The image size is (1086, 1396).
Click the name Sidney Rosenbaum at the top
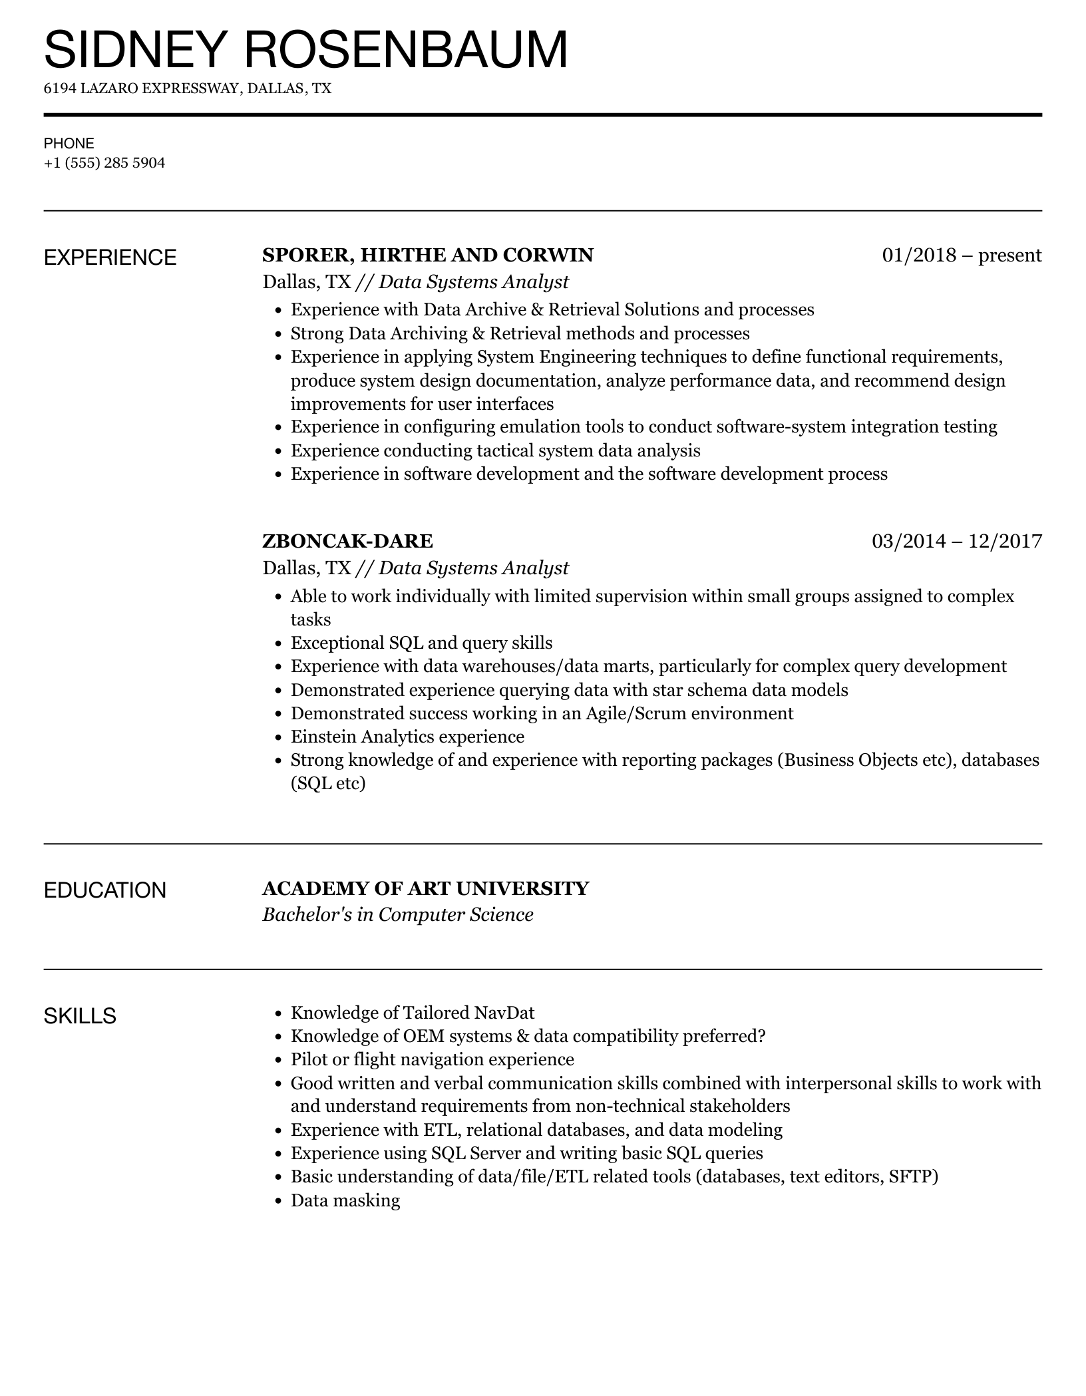click(x=306, y=50)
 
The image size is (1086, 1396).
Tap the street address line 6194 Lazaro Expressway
click(x=187, y=88)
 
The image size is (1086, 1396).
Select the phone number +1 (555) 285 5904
click(x=104, y=163)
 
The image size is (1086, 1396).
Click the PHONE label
click(x=69, y=144)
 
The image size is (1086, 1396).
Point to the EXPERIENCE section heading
click(x=110, y=258)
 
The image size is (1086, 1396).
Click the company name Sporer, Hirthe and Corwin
click(x=428, y=256)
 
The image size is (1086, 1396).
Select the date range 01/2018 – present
click(x=962, y=256)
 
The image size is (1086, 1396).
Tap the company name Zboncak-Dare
click(x=347, y=541)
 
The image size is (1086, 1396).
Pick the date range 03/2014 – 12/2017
click(x=956, y=541)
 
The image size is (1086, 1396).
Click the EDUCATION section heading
click(x=104, y=890)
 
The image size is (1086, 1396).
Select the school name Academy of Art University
click(x=425, y=889)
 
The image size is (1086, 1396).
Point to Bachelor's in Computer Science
click(x=397, y=915)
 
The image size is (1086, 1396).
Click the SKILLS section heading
click(x=80, y=1016)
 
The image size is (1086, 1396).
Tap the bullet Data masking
click(x=345, y=1200)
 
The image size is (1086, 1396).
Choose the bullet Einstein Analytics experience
click(x=407, y=737)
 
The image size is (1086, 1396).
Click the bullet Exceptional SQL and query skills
click(x=421, y=643)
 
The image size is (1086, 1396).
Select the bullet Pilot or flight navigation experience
click(x=432, y=1059)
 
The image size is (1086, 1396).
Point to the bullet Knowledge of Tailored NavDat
click(x=413, y=1013)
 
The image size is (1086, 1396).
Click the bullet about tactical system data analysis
click(x=495, y=450)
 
